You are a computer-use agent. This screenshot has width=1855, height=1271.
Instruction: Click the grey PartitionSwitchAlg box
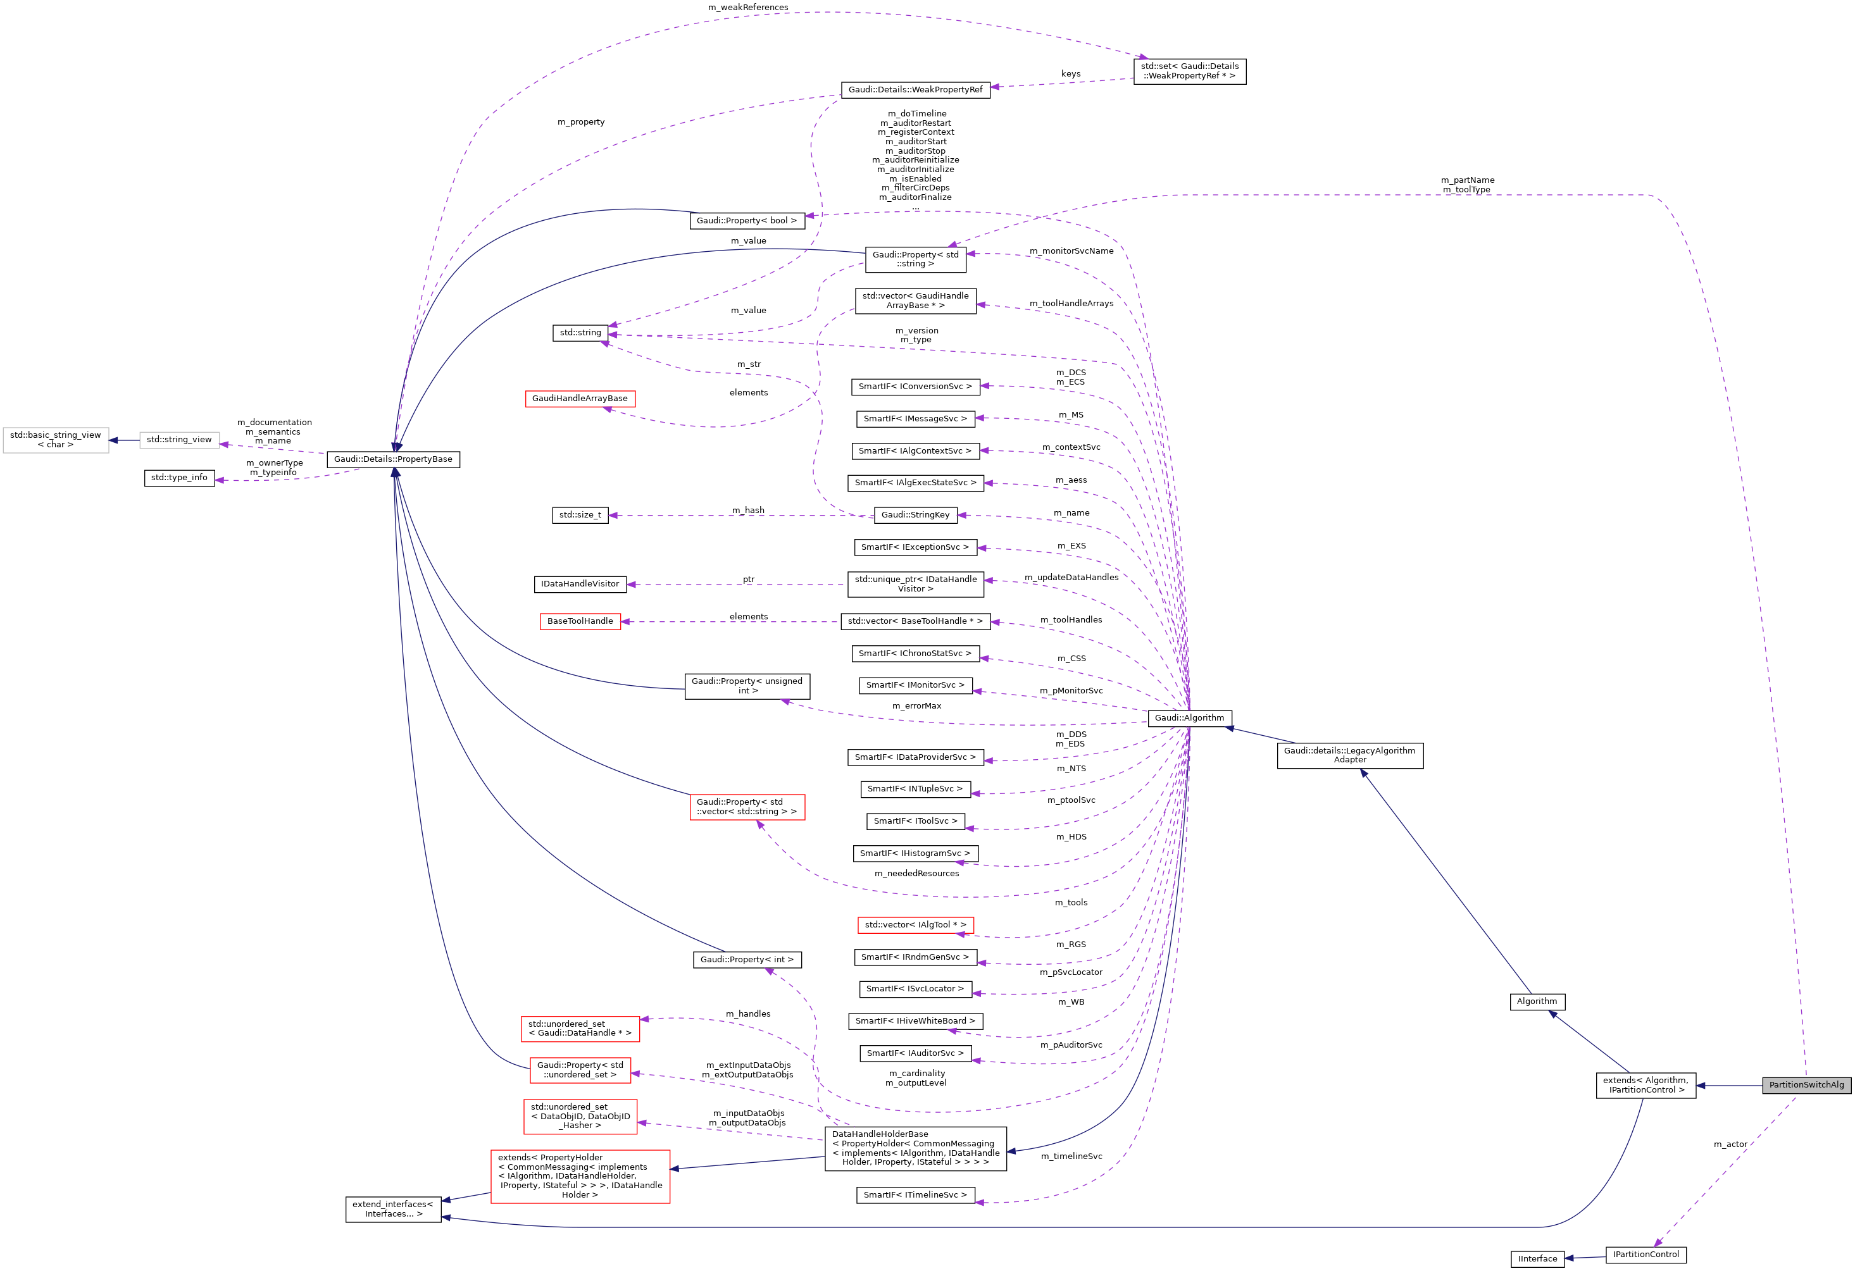(1806, 1085)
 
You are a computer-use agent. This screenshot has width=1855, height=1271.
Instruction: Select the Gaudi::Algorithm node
(1189, 718)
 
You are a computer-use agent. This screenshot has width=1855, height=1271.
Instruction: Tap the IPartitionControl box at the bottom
(1646, 1255)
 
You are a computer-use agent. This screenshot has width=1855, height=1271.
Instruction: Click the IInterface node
(1537, 1259)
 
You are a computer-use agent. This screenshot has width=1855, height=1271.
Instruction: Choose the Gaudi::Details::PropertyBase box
(393, 459)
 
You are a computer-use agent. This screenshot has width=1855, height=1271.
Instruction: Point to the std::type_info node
(179, 478)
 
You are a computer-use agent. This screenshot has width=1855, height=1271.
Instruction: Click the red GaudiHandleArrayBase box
(580, 399)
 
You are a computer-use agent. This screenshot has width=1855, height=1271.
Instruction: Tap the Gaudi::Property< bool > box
(746, 221)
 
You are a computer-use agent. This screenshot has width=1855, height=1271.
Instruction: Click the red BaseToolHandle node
(580, 621)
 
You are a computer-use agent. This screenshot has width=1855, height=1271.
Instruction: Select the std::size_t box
(580, 516)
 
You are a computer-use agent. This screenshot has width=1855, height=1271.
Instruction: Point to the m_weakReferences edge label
(748, 7)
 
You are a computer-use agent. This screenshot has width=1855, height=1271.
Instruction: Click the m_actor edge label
(1730, 1144)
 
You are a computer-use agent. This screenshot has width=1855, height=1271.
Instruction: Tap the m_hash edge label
(748, 511)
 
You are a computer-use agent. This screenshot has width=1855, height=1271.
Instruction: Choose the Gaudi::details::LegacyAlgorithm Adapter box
(1350, 755)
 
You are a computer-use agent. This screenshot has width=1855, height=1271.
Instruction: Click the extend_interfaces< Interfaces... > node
(393, 1210)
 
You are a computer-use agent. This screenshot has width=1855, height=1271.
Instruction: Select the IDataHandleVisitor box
(580, 584)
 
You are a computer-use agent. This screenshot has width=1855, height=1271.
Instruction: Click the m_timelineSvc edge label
(1071, 1156)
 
